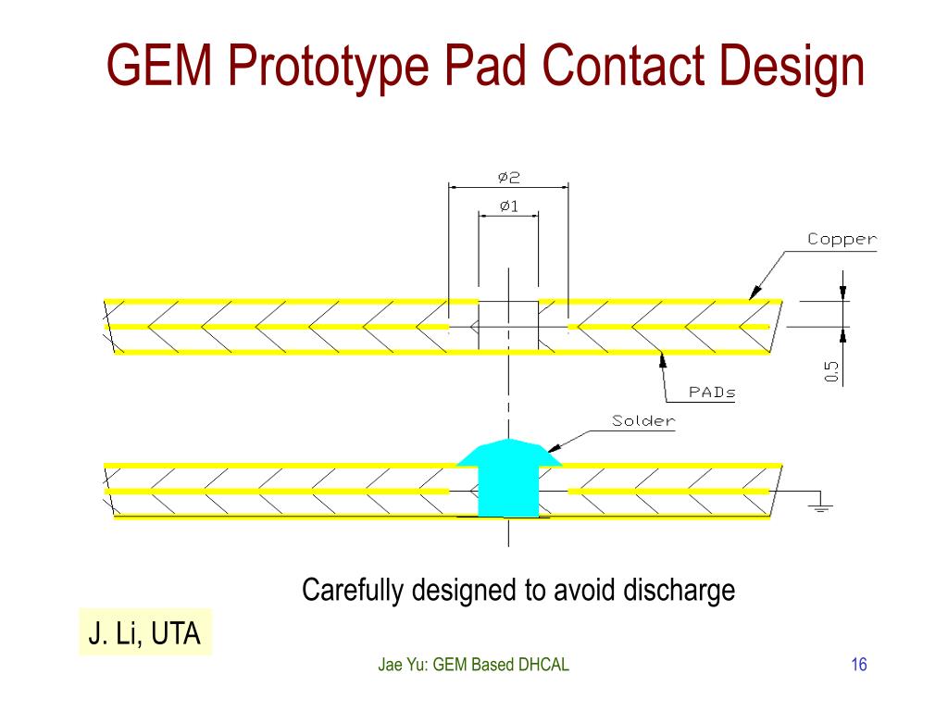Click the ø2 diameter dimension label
click(507, 176)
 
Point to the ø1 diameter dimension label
click(508, 206)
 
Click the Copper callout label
click(842, 239)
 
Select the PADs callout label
click(712, 392)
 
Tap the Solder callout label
click(643, 421)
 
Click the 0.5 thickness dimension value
click(831, 371)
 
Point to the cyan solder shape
click(508, 477)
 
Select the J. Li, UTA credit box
click(144, 633)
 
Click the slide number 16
click(858, 664)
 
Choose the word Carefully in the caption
click(355, 590)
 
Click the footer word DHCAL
click(541, 664)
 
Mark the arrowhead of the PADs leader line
click(661, 360)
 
